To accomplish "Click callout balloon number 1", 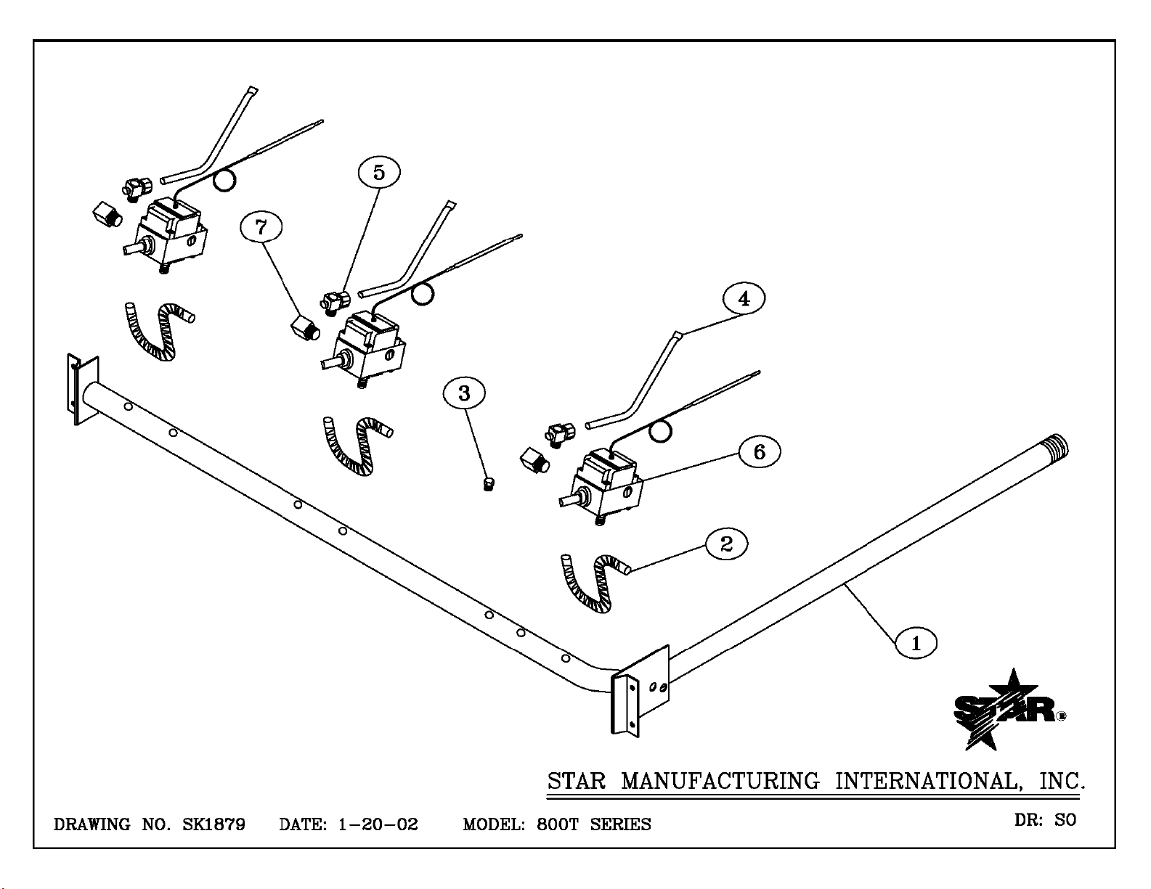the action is click(916, 643).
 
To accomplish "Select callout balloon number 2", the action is click(726, 544).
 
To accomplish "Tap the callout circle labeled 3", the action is click(464, 393).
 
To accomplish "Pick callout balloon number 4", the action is click(744, 298).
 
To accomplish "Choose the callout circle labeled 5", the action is click(379, 172).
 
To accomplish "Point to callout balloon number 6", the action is click(759, 451).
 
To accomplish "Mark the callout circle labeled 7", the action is click(261, 227).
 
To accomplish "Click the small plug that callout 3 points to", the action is click(489, 484).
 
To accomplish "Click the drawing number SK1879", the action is click(213, 824).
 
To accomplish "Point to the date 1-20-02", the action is click(378, 824).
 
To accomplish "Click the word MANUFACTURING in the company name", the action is click(720, 781).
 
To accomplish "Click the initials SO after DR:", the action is click(1065, 820).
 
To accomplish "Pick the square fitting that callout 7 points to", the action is click(305, 327).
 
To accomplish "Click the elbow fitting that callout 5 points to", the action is click(335, 303).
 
